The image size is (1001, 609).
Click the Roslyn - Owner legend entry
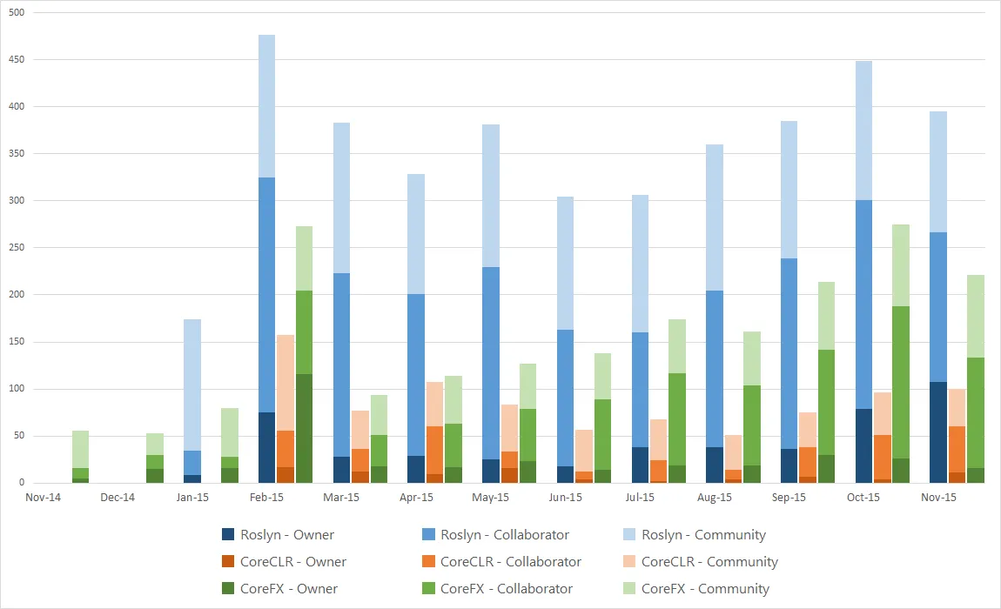tap(287, 535)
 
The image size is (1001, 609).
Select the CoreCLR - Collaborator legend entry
tap(510, 562)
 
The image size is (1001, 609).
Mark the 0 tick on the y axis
tap(21, 483)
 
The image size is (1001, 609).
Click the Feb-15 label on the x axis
tap(266, 498)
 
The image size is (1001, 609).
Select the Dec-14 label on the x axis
tap(118, 498)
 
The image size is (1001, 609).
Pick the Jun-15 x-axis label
tap(565, 498)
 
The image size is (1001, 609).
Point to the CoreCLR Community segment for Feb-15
tap(285, 383)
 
